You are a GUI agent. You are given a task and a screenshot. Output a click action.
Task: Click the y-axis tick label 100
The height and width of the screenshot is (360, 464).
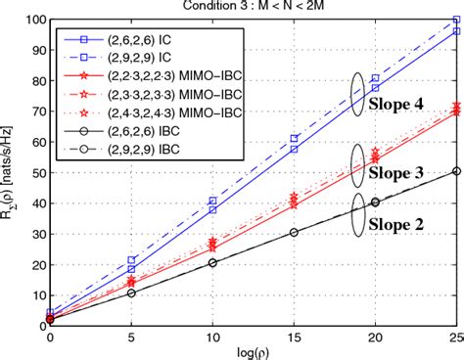pos(32,20)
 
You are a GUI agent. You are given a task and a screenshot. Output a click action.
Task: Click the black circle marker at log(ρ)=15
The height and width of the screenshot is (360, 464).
pos(295,232)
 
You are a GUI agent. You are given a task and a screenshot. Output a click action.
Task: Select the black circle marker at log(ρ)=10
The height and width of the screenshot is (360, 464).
pos(213,262)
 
